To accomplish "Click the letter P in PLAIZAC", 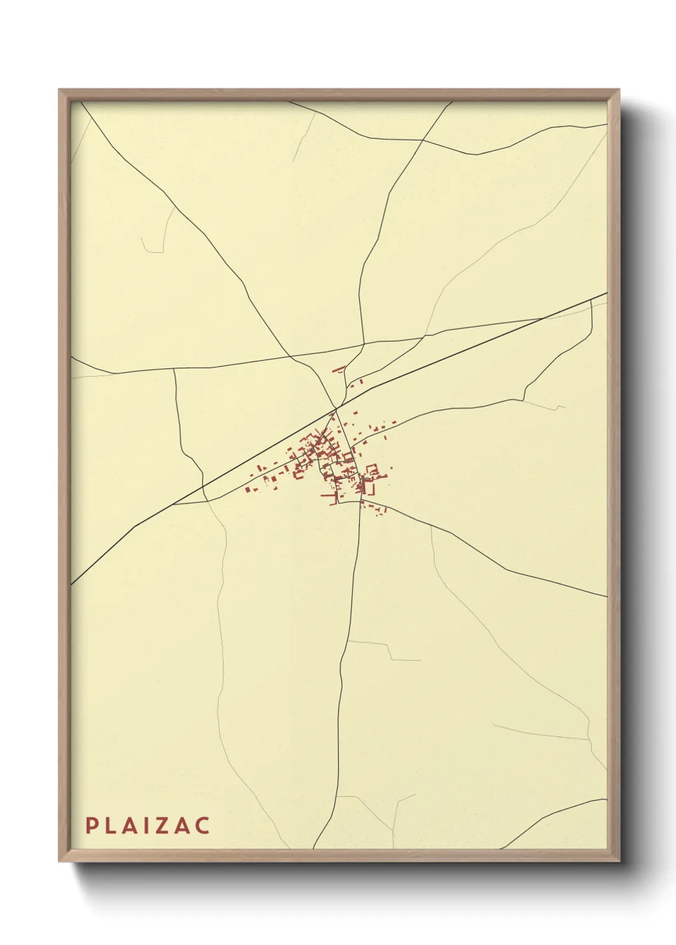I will pos(91,826).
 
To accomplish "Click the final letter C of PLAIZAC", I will pos(203,826).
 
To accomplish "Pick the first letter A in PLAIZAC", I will pos(128,826).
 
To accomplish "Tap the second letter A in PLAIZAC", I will pos(181,826).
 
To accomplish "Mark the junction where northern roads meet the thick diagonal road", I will pos(335,407).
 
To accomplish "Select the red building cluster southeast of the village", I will pos(375,508).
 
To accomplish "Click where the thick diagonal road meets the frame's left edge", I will pos(72,583).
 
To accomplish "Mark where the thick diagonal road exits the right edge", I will pos(606,294).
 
